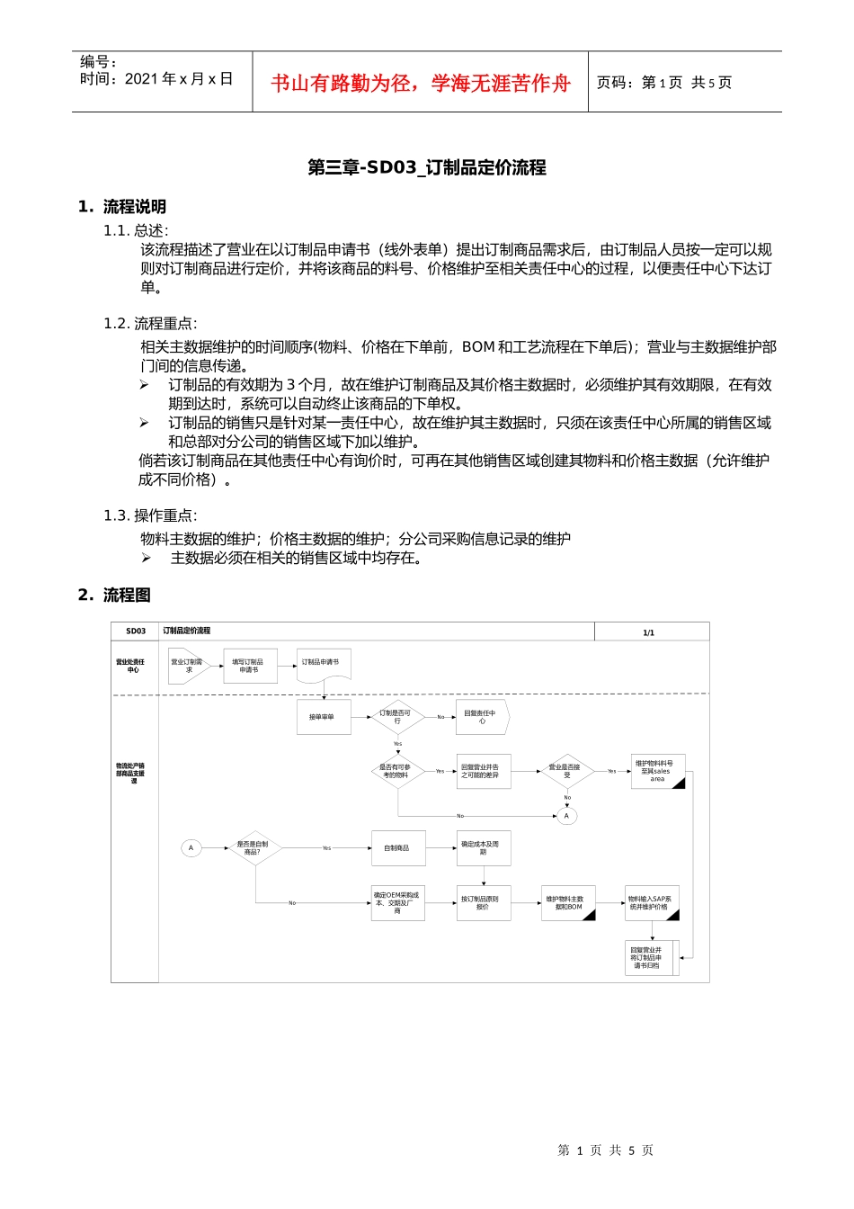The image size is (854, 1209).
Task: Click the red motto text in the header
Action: click(x=421, y=84)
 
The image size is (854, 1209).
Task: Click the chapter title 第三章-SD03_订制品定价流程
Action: click(x=427, y=167)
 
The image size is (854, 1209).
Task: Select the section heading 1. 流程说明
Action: click(x=122, y=207)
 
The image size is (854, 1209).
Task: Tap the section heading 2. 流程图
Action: click(x=114, y=595)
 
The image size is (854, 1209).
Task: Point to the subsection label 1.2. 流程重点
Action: click(x=150, y=324)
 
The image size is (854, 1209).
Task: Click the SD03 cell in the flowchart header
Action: click(x=135, y=631)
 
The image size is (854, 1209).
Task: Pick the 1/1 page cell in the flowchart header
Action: click(x=648, y=632)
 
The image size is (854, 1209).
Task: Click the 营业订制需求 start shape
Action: click(x=188, y=666)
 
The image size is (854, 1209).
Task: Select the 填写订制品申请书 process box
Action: click(x=250, y=666)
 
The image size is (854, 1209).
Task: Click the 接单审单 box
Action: click(x=322, y=717)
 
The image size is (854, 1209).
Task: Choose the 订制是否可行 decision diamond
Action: click(x=396, y=717)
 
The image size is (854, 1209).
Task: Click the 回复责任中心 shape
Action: click(x=481, y=717)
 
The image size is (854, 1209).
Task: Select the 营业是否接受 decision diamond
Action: click(x=565, y=771)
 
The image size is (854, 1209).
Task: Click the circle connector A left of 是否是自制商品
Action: click(x=191, y=847)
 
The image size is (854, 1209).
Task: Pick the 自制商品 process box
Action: click(x=396, y=847)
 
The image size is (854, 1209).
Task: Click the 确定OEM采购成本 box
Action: click(x=397, y=902)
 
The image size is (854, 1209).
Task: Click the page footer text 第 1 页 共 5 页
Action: click(x=605, y=1150)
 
